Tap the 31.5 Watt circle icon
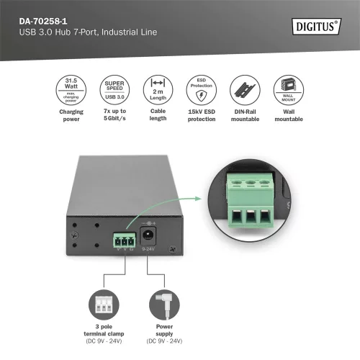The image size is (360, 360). coord(71,90)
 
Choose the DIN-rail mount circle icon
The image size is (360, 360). coord(243,90)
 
